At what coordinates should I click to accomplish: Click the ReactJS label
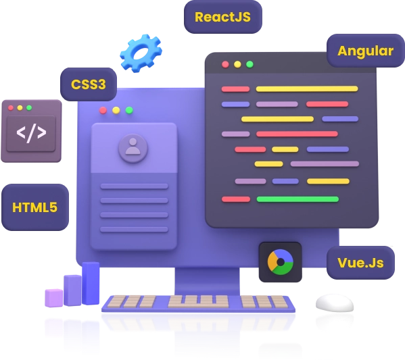pos(222,17)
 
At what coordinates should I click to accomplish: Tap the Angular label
pos(365,51)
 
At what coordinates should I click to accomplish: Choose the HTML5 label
pos(35,207)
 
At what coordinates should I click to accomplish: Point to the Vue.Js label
pos(360,262)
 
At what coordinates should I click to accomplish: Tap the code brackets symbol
pos(31,132)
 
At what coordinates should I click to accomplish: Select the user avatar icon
pos(133,147)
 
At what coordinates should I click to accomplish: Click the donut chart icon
pos(280,261)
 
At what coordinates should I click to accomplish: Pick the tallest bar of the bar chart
pos(91,283)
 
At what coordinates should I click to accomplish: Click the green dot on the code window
pos(249,64)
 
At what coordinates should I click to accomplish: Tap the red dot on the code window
pos(225,64)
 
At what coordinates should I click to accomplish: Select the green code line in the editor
pos(297,199)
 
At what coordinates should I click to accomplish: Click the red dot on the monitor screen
pos(103,110)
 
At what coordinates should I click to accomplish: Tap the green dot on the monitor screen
pos(129,110)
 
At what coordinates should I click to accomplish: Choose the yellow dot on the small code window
pos(20,107)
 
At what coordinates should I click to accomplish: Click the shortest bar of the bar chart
pos(53,296)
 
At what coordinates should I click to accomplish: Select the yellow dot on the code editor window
pos(237,64)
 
